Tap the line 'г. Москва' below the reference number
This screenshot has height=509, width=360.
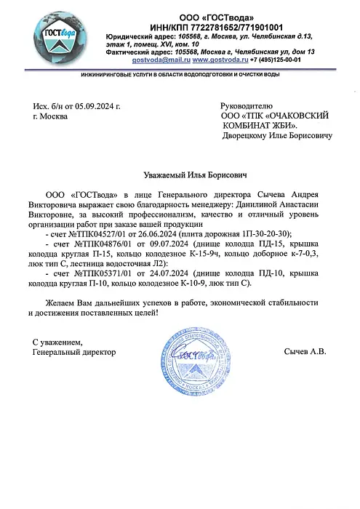[50, 116]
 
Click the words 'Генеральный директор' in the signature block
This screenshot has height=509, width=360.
[75, 352]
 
